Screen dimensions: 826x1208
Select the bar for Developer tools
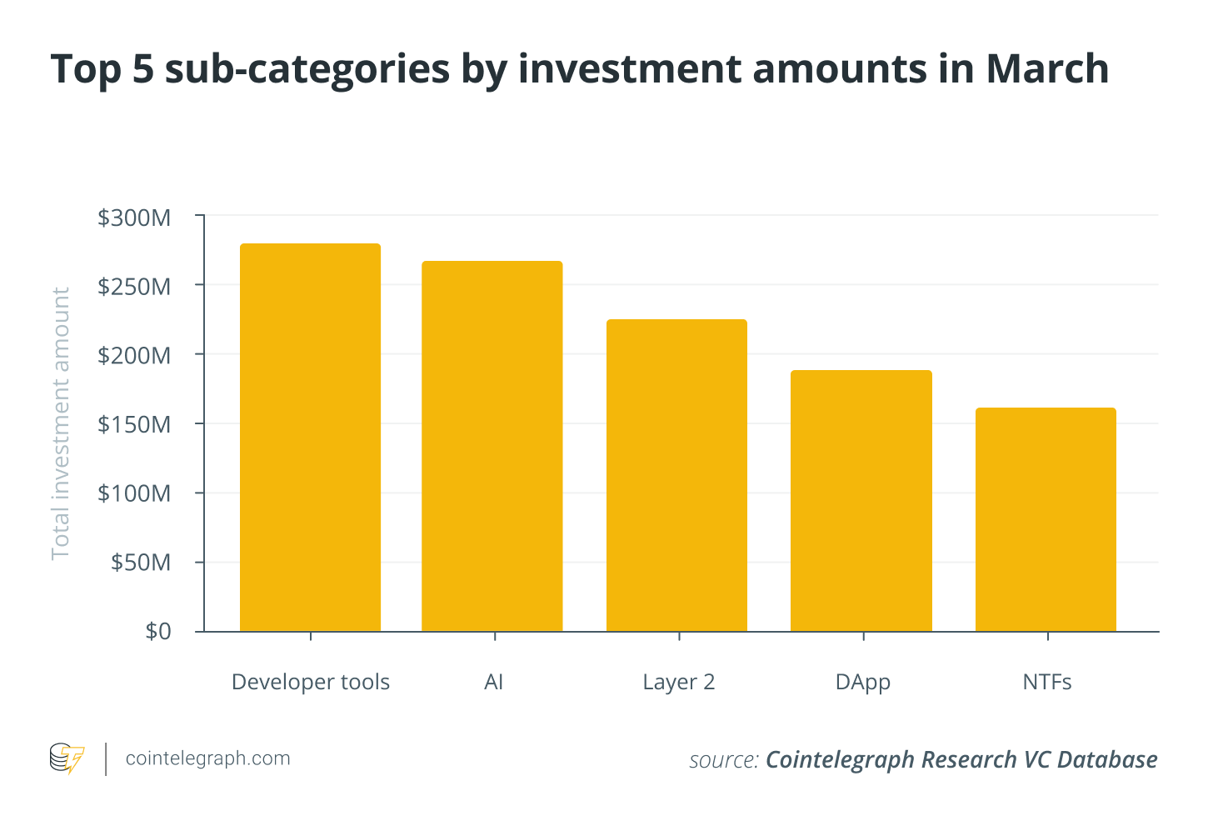310,438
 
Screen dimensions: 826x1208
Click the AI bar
492,446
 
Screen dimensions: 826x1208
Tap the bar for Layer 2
676,475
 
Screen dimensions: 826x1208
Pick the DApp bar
861,500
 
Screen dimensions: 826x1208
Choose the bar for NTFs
1046,519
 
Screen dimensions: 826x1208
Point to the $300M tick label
134,218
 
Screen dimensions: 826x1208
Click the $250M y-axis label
134,288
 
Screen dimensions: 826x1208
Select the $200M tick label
134,357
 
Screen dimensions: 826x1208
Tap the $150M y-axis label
134,425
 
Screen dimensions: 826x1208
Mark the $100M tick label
134,494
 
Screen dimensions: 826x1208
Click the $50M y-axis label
141,563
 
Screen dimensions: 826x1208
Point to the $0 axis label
157,632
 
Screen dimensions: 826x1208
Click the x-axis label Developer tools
311,683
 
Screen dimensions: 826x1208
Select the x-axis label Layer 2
679,683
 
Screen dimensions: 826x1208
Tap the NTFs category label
1047,683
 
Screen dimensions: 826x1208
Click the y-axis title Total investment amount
61,423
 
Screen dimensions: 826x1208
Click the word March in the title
1047,68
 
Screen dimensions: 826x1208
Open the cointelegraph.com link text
207,758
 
